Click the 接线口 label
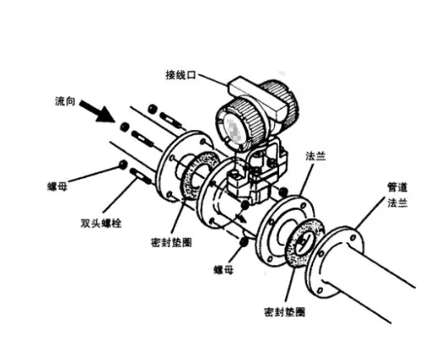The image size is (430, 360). click(x=181, y=76)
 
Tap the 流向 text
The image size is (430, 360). click(x=65, y=101)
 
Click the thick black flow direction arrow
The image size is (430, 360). click(x=97, y=111)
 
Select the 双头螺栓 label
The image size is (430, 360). click(x=101, y=223)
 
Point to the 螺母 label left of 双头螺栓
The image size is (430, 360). click(x=58, y=187)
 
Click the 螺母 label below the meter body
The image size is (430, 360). click(x=224, y=270)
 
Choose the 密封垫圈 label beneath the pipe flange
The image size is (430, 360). click(x=285, y=312)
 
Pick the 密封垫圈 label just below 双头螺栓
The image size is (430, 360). click(x=171, y=242)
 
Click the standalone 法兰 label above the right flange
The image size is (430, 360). click(x=316, y=156)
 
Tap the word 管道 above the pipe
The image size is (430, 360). click(x=397, y=188)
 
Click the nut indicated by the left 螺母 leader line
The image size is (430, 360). click(x=123, y=165)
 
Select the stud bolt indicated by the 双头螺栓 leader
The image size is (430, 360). click(x=141, y=176)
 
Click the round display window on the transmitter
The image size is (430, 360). click(x=232, y=130)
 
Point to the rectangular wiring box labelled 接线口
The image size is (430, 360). click(x=255, y=96)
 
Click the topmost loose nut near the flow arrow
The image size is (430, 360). click(x=153, y=109)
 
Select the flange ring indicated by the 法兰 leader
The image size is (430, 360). click(x=286, y=231)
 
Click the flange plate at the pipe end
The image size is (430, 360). click(x=334, y=262)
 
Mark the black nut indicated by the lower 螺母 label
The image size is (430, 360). click(x=243, y=241)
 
